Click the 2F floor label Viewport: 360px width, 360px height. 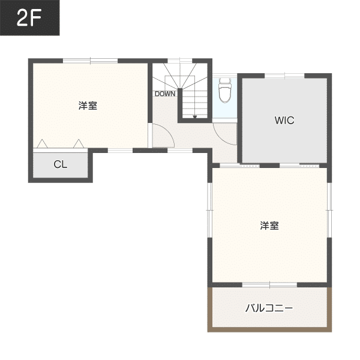29,18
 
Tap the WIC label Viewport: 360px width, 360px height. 284,121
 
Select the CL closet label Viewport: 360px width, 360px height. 61,164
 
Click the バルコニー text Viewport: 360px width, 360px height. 269,308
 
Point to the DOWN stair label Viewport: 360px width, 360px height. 165,94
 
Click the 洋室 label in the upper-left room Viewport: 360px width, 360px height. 88,106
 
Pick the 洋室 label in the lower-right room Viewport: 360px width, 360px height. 269,226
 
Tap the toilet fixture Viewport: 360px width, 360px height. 225,90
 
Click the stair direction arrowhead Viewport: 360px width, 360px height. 194,117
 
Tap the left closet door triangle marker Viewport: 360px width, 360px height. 42,144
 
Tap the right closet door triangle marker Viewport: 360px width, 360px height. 79,144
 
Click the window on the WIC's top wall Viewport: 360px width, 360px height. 284,76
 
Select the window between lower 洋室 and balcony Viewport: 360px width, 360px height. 270,285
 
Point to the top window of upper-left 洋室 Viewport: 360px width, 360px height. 90,61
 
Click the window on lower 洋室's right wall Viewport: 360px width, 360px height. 329,210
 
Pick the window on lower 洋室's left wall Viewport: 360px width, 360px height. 210,210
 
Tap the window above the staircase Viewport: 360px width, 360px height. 180,61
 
